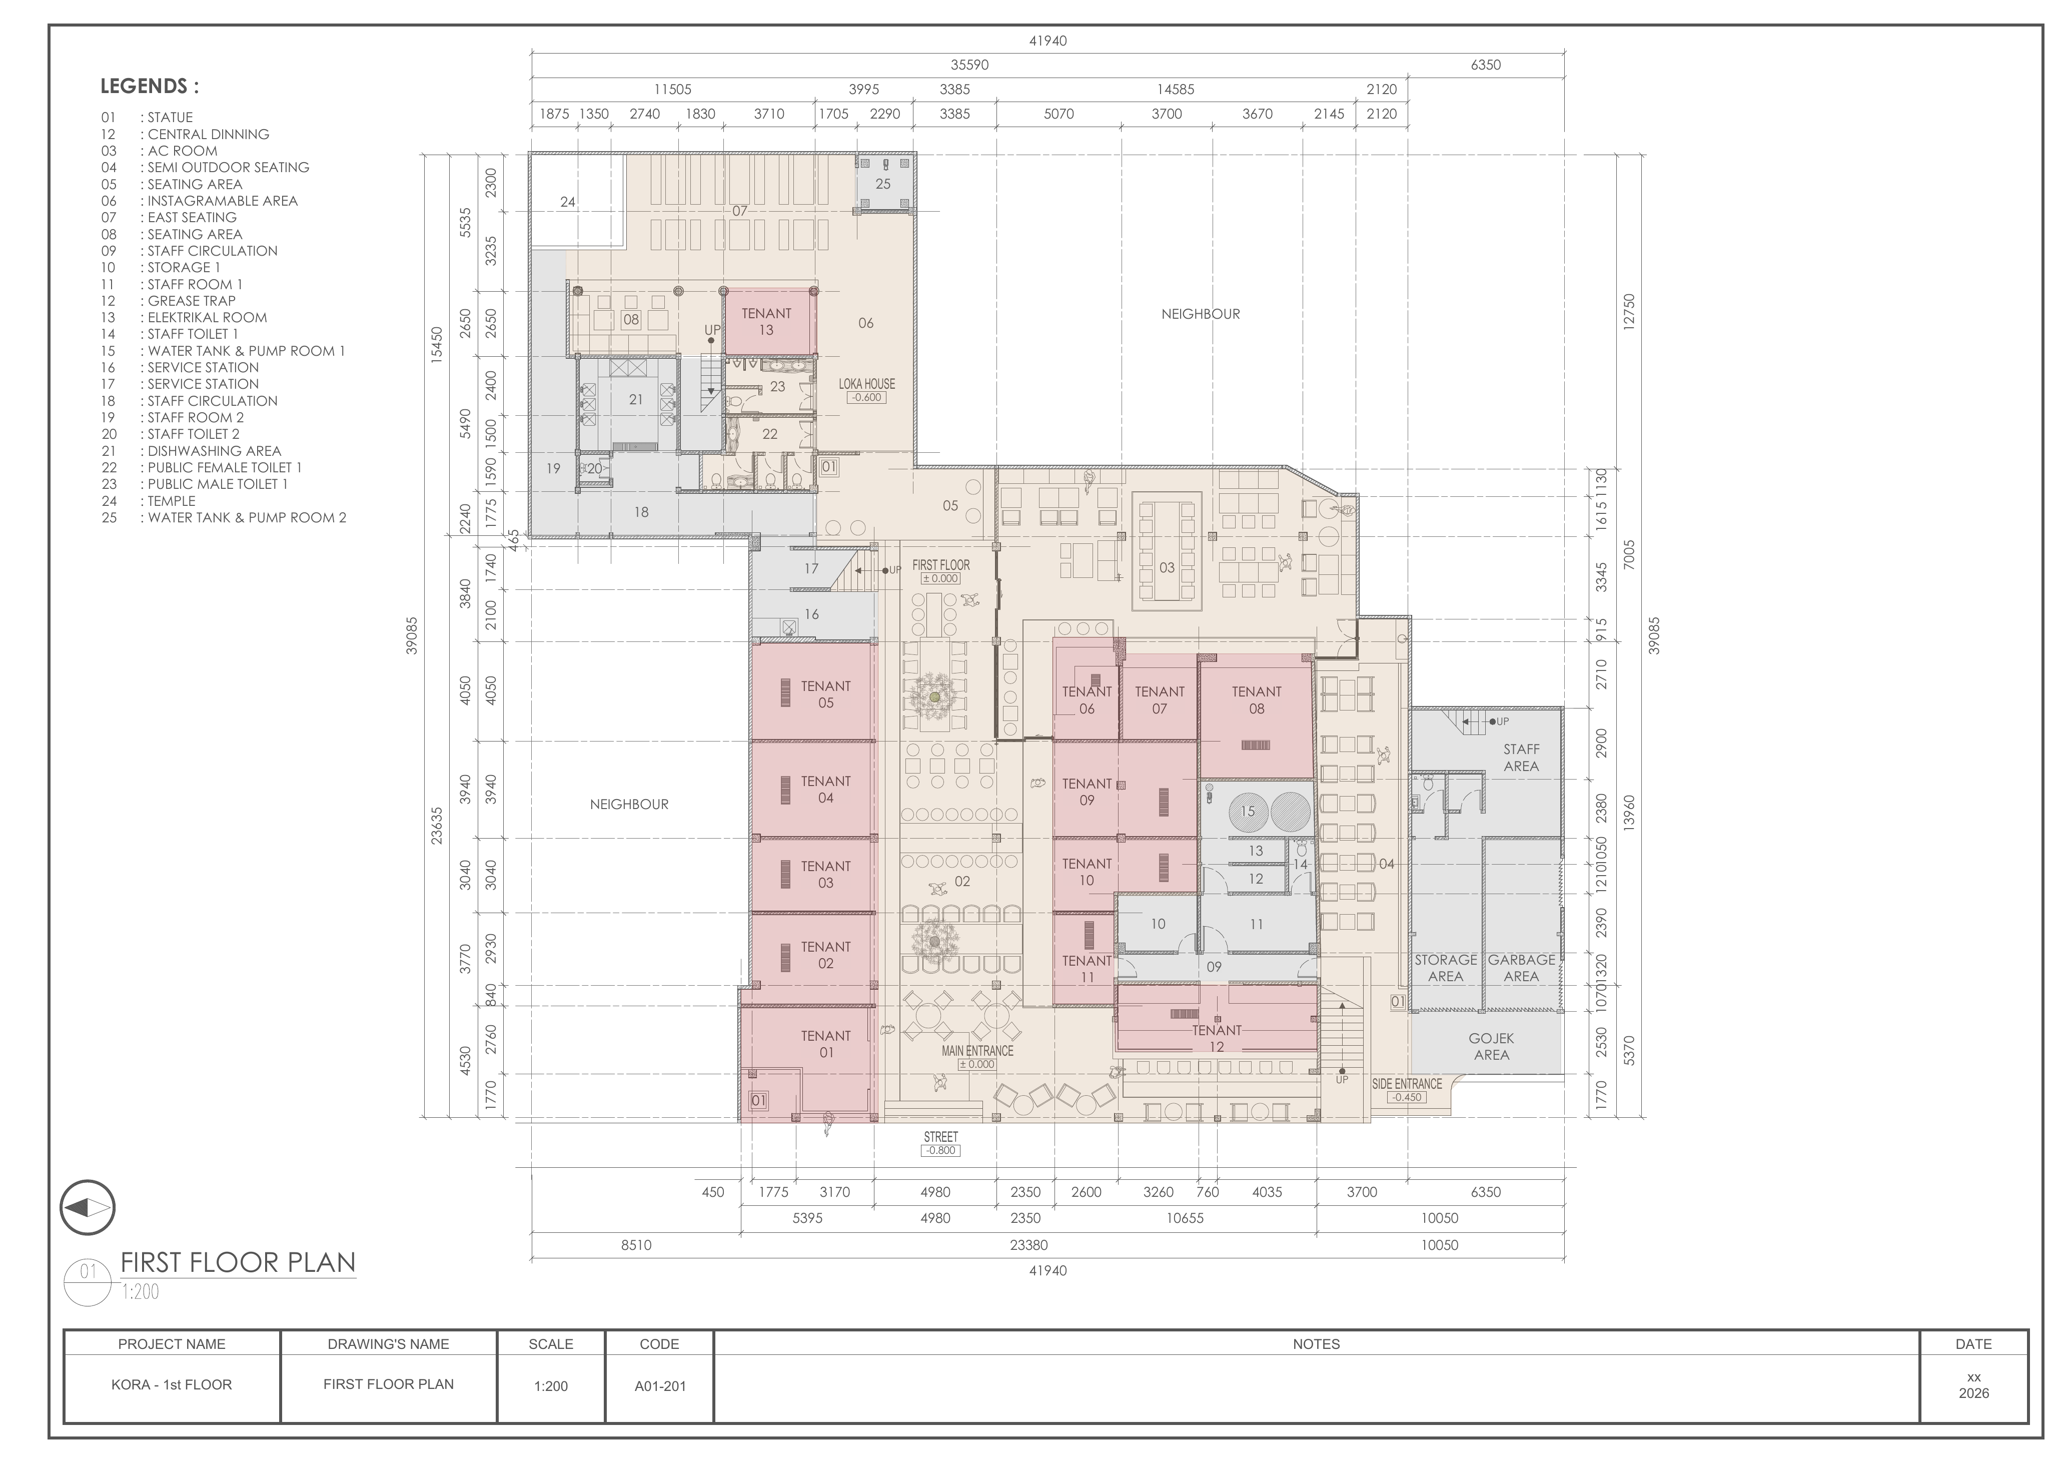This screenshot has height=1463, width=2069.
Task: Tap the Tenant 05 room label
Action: [825, 694]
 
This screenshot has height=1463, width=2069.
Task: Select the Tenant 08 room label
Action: [1256, 699]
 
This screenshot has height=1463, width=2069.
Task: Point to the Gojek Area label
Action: [1491, 1047]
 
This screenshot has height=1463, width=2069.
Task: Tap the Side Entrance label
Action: [1407, 1084]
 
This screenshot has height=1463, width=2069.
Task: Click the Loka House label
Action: [867, 384]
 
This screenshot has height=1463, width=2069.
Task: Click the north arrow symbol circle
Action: [88, 1208]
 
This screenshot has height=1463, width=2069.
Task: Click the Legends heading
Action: [150, 87]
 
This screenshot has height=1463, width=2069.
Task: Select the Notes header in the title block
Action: [1316, 1344]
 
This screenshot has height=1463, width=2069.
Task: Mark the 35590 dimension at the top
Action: [969, 65]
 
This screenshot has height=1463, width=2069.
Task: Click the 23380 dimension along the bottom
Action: [1028, 1245]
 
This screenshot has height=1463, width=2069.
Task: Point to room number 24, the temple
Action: [568, 202]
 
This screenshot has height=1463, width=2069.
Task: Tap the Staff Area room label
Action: [1521, 757]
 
